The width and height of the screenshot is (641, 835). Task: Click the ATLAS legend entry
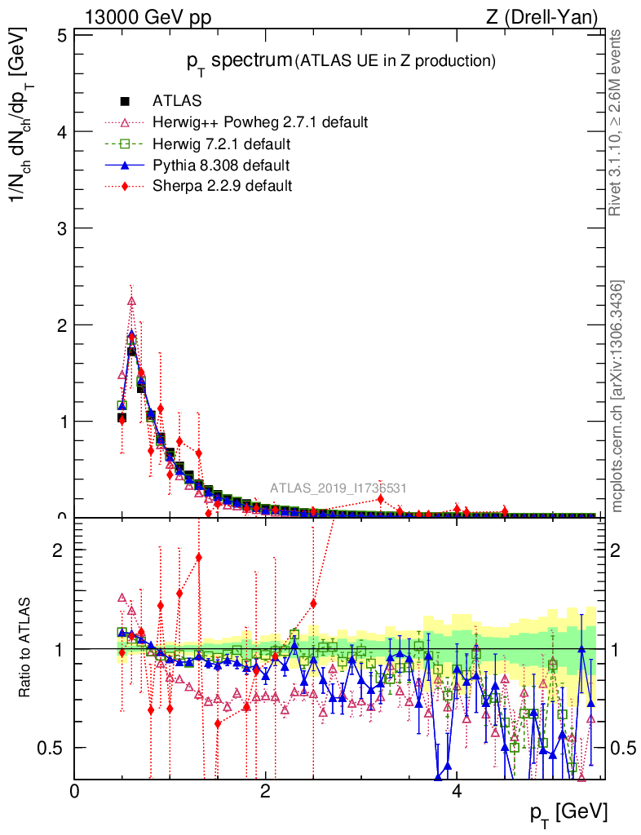pos(178,102)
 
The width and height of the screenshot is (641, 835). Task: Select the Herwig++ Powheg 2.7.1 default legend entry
pos(260,123)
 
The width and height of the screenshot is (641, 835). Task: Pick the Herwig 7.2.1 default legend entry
pos(222,144)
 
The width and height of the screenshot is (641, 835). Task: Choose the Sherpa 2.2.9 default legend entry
pos(222,186)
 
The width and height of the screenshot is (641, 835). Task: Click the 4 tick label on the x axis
pos(457,791)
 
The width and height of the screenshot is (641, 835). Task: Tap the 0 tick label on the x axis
pos(75,791)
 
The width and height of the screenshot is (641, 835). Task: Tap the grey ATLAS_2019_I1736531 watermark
pos(338,489)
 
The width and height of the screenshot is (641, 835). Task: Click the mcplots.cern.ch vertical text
pos(617,397)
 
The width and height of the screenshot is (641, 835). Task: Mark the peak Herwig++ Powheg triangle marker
pos(131,301)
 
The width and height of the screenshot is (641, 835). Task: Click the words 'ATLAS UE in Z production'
pos(396,61)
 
